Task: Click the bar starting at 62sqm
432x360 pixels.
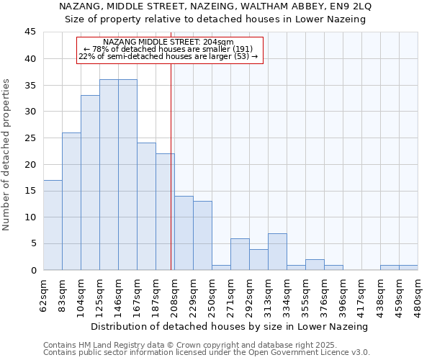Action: pos(53,225)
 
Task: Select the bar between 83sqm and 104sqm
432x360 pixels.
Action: pos(71,201)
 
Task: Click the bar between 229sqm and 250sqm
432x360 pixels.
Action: pos(202,235)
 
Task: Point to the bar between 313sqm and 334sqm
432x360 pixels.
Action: pos(277,251)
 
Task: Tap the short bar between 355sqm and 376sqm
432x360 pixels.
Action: pos(315,264)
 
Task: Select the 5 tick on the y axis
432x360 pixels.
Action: pos(32,243)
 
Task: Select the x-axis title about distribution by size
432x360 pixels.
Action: pos(230,326)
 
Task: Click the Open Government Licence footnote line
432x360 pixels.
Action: pos(207,352)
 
